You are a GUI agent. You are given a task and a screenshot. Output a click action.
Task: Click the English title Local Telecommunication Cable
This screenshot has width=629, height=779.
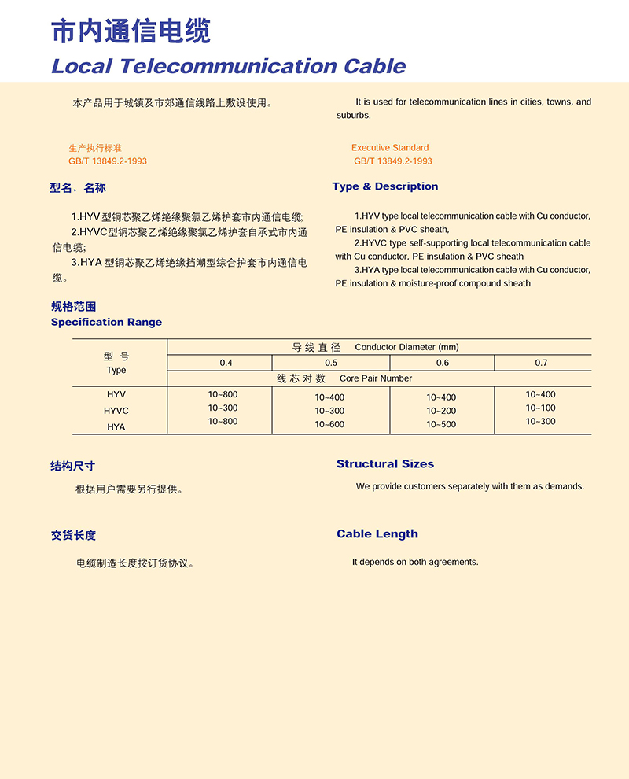228,65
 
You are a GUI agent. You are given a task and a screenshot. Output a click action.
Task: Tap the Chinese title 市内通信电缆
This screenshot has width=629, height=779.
131,31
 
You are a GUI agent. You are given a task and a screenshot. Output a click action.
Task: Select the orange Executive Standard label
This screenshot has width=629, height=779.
390,147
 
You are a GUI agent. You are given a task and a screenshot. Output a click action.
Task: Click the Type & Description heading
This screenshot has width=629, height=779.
385,186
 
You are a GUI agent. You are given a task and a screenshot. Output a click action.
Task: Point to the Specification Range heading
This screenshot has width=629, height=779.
106,322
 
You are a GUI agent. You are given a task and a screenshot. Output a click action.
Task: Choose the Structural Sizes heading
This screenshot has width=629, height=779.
385,464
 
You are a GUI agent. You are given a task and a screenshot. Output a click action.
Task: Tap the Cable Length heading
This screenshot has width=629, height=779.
377,534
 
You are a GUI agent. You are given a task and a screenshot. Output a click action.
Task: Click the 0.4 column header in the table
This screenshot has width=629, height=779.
226,363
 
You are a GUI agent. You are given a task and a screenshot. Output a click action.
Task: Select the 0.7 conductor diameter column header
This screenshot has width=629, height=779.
541,363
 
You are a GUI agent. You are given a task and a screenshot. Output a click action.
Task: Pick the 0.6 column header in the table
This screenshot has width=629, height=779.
443,363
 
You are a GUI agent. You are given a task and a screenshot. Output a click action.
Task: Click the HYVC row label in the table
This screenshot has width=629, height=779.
116,411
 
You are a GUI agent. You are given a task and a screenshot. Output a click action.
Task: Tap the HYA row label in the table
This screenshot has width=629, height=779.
116,426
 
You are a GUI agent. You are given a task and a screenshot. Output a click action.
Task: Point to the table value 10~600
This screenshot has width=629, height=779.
329,425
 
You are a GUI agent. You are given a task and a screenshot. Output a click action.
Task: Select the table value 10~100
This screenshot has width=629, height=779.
540,408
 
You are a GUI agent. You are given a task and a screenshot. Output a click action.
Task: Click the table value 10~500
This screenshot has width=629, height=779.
441,425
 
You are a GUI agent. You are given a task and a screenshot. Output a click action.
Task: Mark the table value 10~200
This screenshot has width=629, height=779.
441,411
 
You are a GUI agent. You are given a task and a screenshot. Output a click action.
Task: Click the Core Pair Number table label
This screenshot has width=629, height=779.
376,378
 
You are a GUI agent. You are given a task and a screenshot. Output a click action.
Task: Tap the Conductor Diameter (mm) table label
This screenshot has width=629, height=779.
406,347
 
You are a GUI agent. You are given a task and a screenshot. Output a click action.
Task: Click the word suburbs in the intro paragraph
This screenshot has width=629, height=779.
354,116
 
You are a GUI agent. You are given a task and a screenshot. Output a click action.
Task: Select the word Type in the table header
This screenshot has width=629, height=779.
116,370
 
